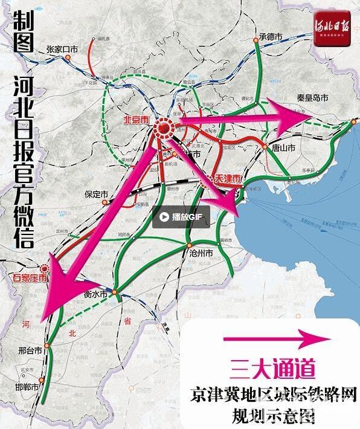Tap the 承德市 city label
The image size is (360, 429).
[x=271, y=37]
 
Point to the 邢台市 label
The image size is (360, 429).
[x=30, y=350]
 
